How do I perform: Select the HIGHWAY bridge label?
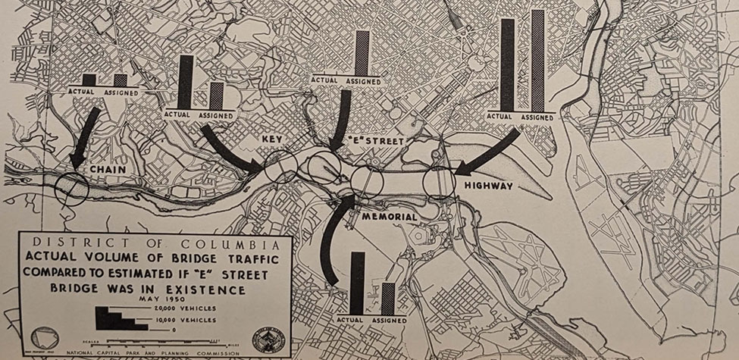click(x=490, y=185)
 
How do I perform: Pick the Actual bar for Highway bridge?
click(x=507, y=64)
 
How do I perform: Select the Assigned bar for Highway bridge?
click(x=537, y=61)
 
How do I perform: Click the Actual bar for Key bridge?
click(x=185, y=82)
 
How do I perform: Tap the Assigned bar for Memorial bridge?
click(x=387, y=299)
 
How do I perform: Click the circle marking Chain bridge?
click(x=73, y=186)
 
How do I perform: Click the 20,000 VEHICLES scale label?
click(x=185, y=308)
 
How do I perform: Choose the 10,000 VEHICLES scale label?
click(x=185, y=320)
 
